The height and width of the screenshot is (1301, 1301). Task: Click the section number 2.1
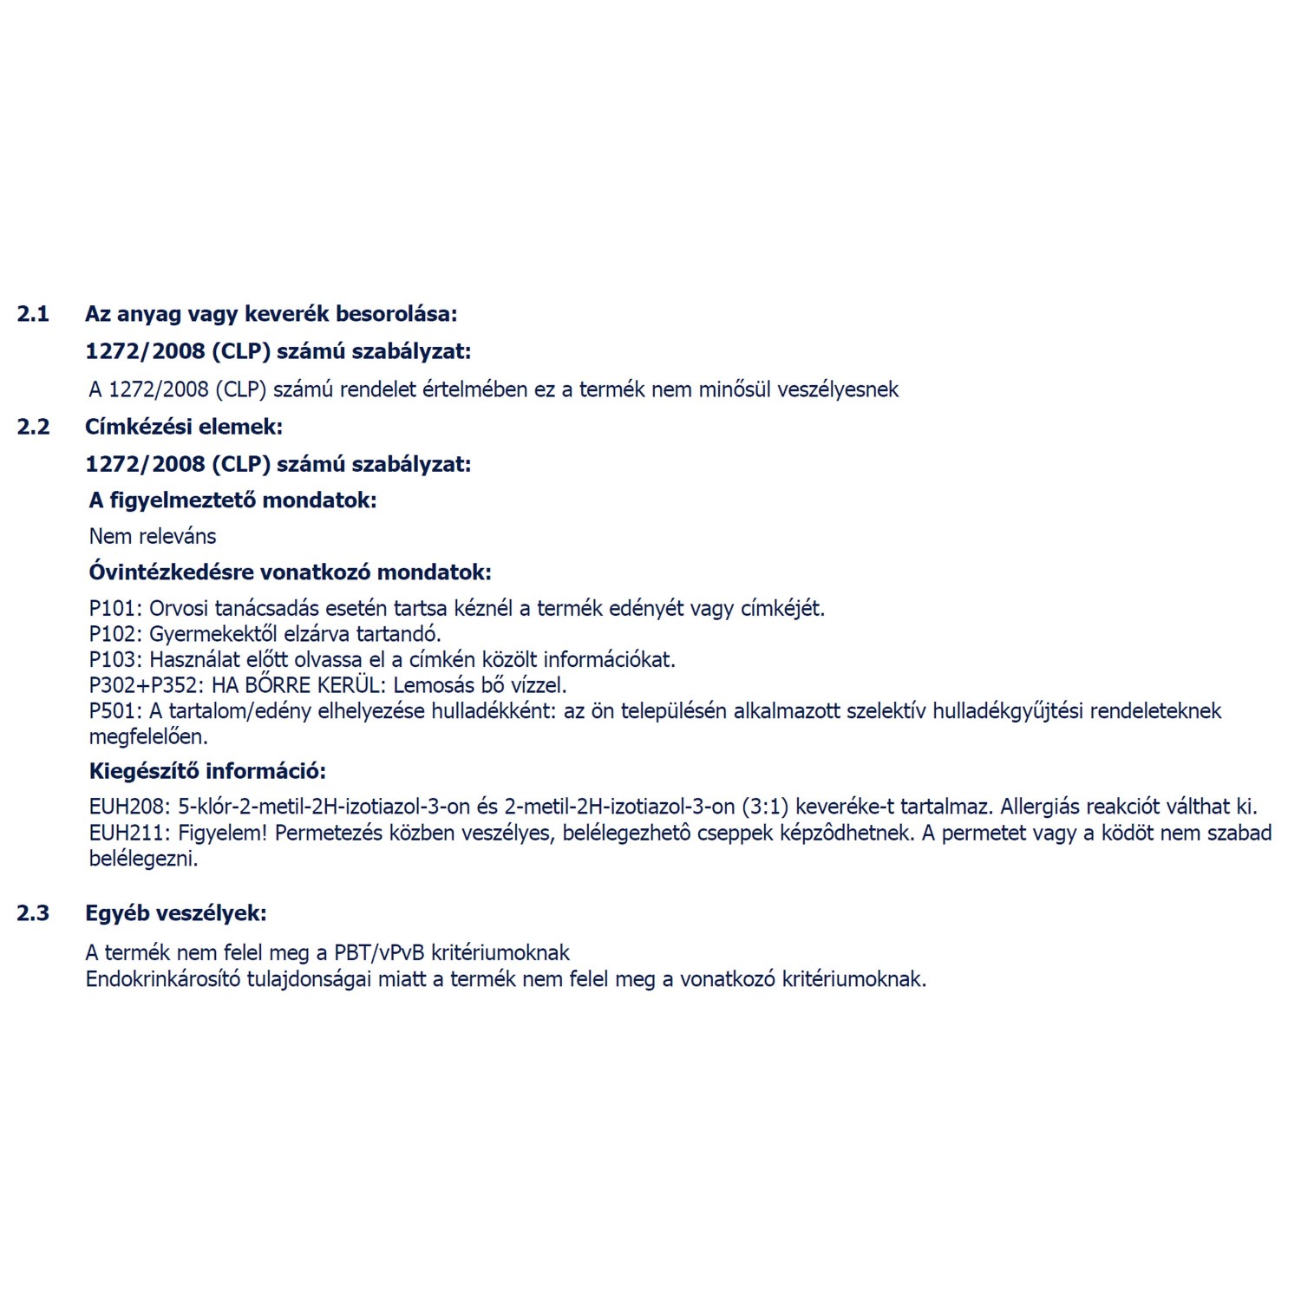click(x=33, y=314)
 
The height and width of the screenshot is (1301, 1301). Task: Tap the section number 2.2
click(x=33, y=427)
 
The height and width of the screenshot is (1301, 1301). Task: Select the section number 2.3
click(x=33, y=913)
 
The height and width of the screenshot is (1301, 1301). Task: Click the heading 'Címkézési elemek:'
click(x=184, y=427)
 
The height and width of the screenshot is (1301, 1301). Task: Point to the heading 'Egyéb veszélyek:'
click(x=176, y=913)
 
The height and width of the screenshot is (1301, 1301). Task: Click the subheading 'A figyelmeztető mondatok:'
click(x=232, y=500)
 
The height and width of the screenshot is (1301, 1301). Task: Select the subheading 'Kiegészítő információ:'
click(x=207, y=771)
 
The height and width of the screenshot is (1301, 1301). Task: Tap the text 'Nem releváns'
click(x=153, y=536)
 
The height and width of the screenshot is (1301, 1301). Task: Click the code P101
click(x=113, y=609)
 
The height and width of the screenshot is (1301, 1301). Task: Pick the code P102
click(x=113, y=634)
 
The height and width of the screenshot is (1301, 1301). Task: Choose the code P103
click(x=113, y=660)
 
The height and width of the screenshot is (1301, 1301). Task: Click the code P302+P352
click(x=145, y=685)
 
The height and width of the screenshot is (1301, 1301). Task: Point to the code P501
click(x=113, y=711)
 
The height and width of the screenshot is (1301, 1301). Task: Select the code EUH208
click(x=126, y=807)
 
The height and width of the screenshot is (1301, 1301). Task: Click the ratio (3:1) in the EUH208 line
click(x=765, y=807)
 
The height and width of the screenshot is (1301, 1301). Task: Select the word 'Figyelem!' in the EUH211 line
click(x=223, y=834)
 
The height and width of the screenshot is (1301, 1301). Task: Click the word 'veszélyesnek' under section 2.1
click(x=837, y=389)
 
